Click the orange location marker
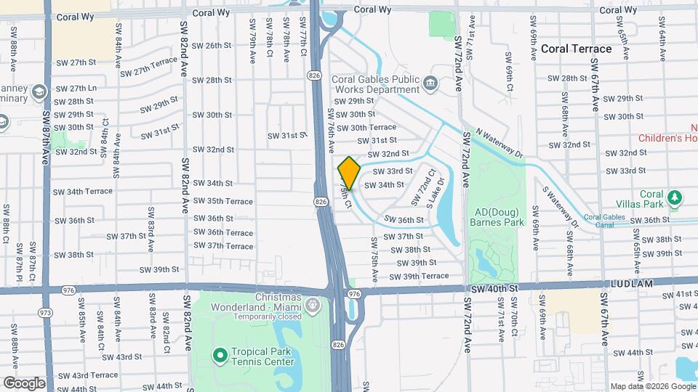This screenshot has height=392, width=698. (349, 173)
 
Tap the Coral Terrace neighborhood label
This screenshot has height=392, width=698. (576, 49)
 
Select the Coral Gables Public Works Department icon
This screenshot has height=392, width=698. (430, 83)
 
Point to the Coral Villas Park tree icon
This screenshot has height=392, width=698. (675, 197)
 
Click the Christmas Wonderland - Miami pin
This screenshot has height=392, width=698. (313, 304)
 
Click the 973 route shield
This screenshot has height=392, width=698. (46, 313)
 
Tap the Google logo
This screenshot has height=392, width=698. (24, 383)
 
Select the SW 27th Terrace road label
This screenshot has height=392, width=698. (149, 68)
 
